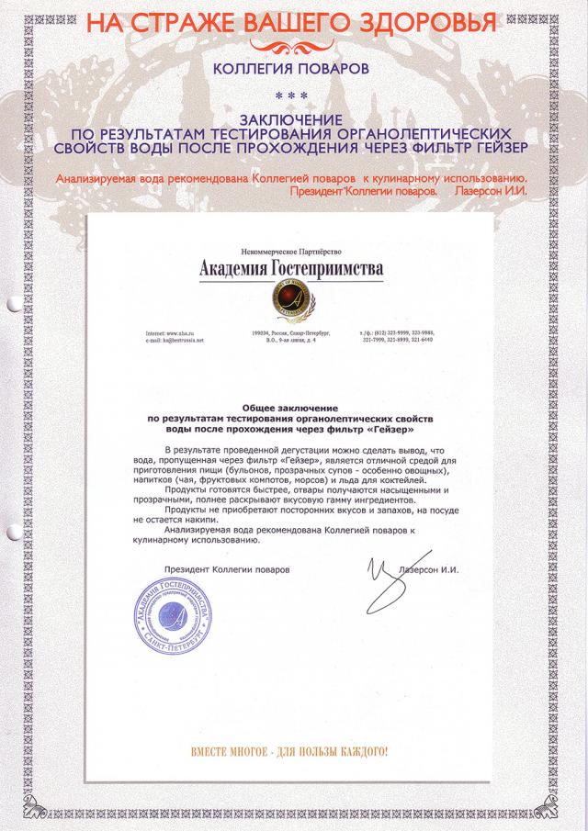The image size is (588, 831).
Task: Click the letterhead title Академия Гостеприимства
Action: [291, 267]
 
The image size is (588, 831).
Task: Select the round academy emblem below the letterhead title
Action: [291, 298]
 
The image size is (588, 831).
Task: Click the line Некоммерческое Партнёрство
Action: [290, 251]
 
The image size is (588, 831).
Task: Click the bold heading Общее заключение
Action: [290, 406]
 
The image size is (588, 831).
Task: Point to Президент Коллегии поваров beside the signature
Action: [226, 569]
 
